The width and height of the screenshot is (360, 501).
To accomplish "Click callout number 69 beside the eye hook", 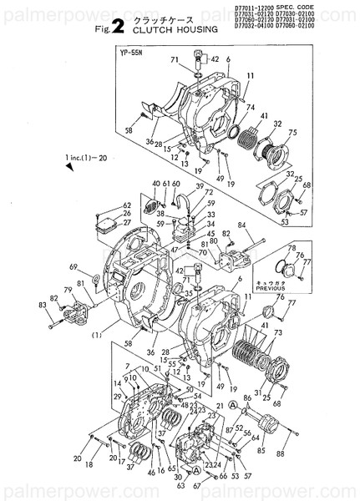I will [x=74, y=267].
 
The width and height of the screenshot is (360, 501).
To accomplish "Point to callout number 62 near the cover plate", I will [x=104, y=205].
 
